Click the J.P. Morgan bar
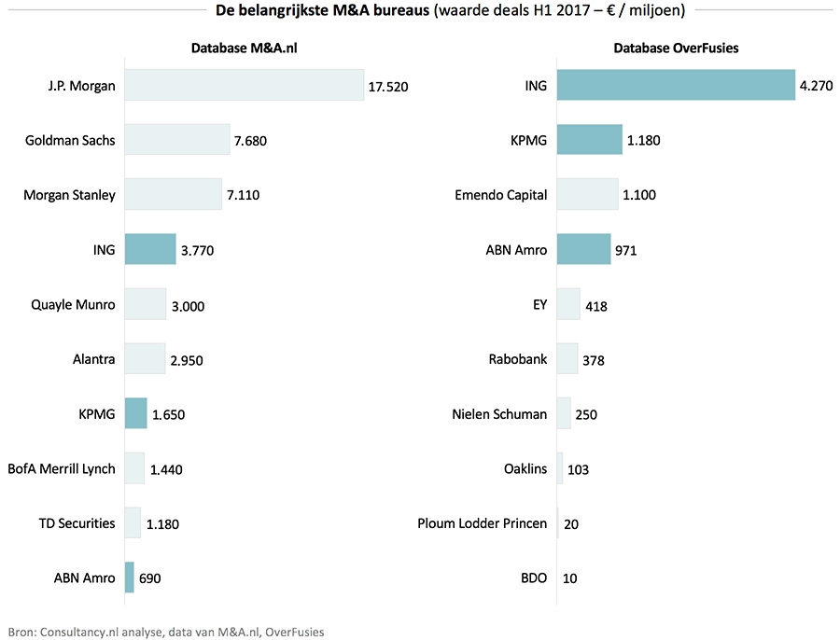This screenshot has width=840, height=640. pos(244,86)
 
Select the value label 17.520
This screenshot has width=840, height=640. pos(388,87)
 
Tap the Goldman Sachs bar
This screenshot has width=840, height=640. pos(176,140)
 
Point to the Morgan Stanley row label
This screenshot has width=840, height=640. pos(69,195)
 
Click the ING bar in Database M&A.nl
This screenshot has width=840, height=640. pos(149,249)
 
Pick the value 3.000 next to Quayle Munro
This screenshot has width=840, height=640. pos(189,305)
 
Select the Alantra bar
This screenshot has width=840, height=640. pos(145,358)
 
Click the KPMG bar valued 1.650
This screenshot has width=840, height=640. pos(135,413)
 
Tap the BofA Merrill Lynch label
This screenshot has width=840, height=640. pos(62,468)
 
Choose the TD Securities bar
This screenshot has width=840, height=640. pos(133,522)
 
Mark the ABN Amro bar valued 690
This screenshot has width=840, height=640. pos(130,577)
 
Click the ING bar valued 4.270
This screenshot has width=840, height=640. pos(676,86)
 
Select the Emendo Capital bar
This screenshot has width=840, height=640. pos(587,195)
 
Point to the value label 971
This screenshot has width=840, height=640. pos(626,251)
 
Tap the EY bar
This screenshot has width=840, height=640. pos(568,304)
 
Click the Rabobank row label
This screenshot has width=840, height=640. pos(518,358)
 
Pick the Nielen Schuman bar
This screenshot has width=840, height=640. pos(564,413)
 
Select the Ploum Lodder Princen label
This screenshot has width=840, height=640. pos(483,522)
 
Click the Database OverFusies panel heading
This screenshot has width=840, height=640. pos(676,49)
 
